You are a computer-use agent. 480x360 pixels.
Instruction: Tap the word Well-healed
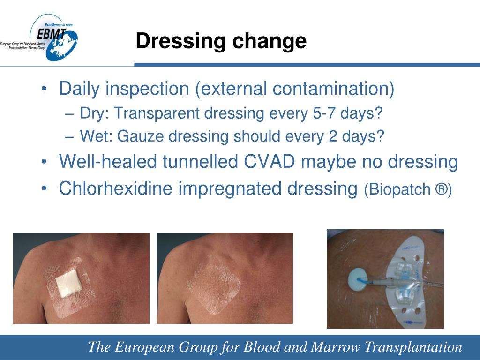[108, 162]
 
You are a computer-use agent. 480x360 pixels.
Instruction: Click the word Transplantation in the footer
[413, 347]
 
